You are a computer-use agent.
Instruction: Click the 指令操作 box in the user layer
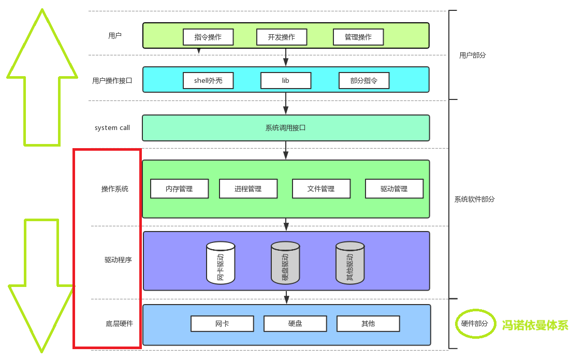point(208,37)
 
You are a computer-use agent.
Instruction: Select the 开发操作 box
point(282,37)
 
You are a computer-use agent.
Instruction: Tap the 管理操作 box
point(358,37)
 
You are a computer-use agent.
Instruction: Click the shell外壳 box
point(208,81)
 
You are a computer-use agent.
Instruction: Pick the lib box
point(286,81)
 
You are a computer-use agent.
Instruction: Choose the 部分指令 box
point(364,81)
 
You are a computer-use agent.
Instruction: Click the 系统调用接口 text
point(286,127)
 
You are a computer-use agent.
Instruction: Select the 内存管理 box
point(179,189)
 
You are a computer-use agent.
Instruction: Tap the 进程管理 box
point(248,189)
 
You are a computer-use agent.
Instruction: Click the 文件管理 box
point(321,189)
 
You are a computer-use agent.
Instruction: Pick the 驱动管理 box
point(394,189)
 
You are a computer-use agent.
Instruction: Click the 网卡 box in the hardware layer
point(222,324)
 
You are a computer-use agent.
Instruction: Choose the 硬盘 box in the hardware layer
point(295,324)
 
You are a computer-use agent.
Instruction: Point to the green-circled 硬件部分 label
point(475,324)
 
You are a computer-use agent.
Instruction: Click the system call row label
point(112,128)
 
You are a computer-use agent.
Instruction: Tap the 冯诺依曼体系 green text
point(535,325)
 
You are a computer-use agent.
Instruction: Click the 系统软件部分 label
point(474,199)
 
